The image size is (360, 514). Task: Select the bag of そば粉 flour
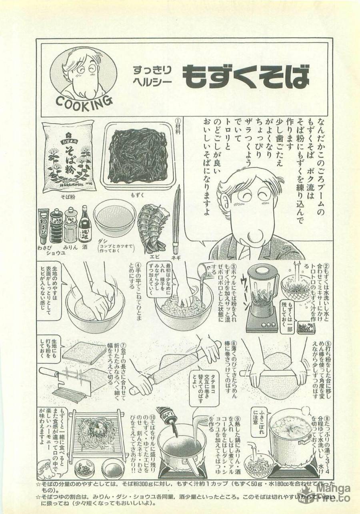(x=68, y=156)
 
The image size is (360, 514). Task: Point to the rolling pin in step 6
(x=176, y=364)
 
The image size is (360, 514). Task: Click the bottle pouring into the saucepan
(x=168, y=420)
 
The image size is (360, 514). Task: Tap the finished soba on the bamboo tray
(x=94, y=434)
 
